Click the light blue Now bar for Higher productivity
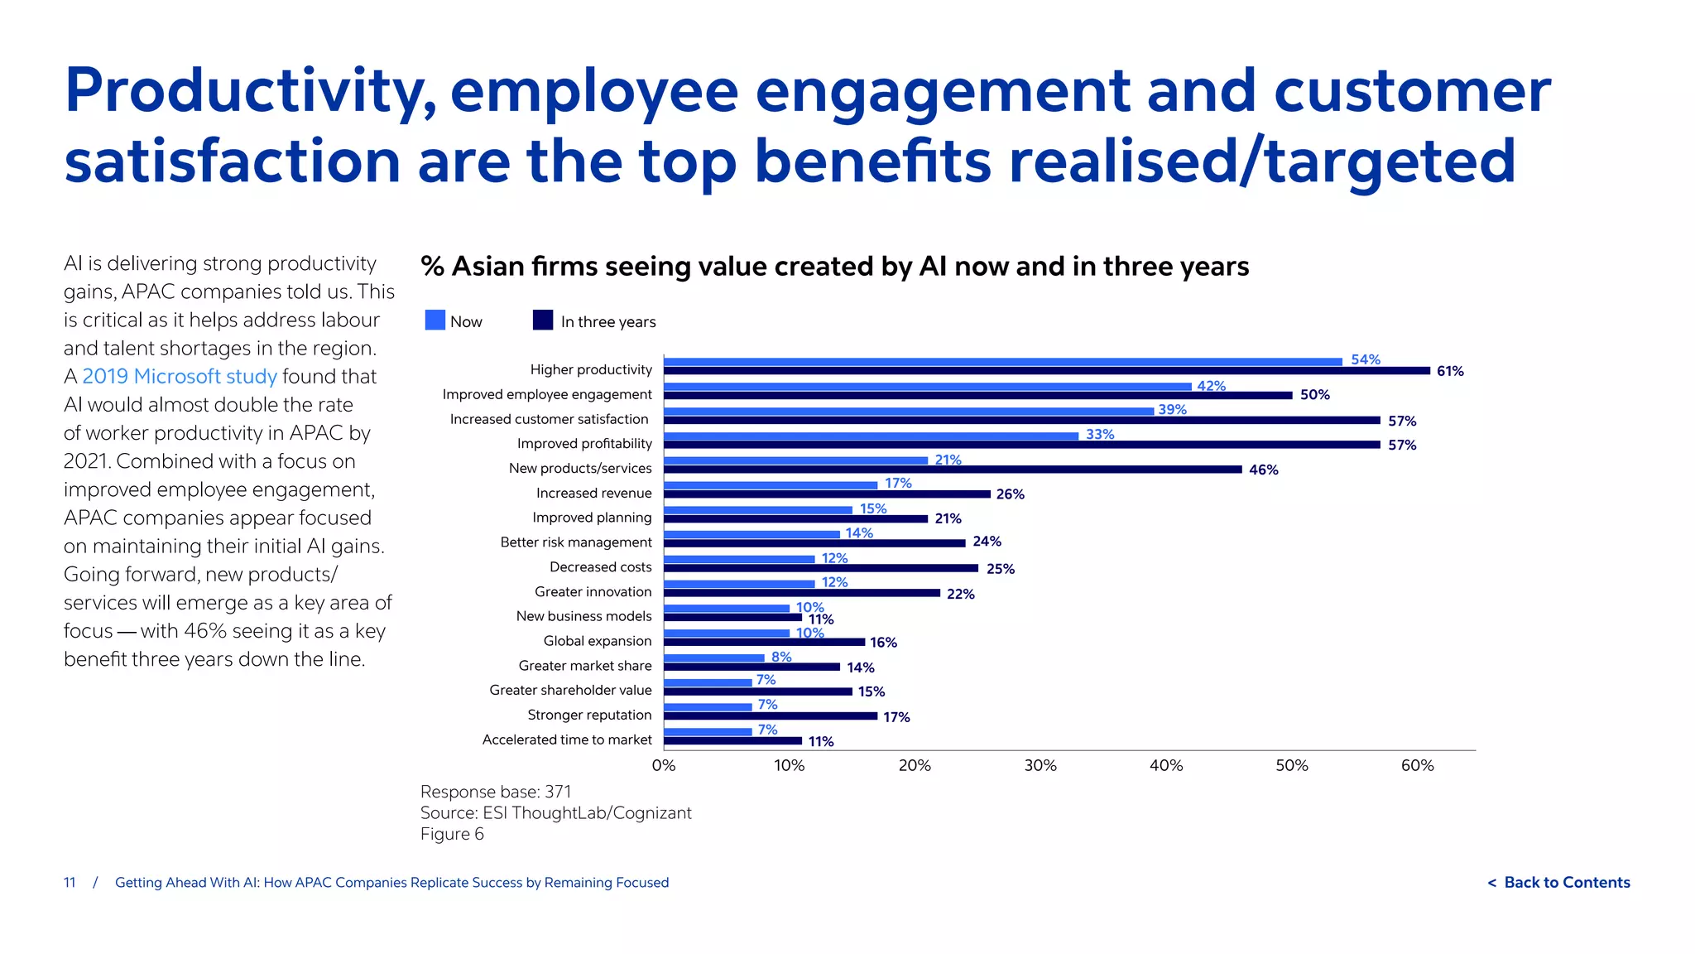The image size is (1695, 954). [x=1001, y=362]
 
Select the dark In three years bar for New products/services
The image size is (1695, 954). [x=952, y=470]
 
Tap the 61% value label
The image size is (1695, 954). [x=1450, y=372]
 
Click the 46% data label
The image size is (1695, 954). [x=1263, y=470]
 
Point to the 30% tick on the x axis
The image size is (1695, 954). [x=1040, y=766]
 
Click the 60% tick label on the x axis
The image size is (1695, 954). [x=1417, y=766]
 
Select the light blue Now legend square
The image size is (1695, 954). [x=435, y=320]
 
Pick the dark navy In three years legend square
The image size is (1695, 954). [x=543, y=320]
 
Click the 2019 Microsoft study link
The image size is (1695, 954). [x=180, y=377]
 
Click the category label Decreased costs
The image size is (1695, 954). [x=600, y=567]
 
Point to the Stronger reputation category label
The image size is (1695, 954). [x=589, y=715]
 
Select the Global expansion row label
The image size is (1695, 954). [x=597, y=641]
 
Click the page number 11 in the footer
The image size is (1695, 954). [x=70, y=883]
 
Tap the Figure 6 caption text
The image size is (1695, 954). [x=452, y=835]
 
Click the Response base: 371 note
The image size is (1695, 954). [x=495, y=793]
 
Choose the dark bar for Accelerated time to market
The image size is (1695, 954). [x=732, y=741]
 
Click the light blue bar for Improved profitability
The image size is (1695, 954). [x=871, y=436]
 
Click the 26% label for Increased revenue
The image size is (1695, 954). [x=1010, y=494]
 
